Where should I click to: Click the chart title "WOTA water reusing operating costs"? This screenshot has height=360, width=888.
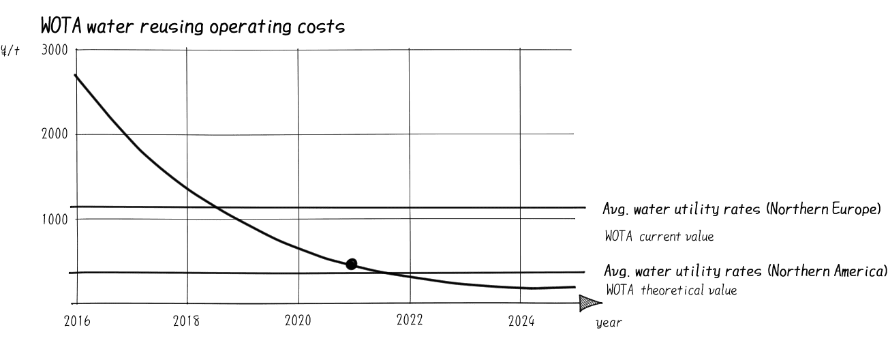192,27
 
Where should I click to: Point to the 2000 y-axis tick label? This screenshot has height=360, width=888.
53,134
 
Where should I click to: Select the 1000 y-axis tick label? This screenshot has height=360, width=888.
53,220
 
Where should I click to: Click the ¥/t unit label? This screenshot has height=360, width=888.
10,50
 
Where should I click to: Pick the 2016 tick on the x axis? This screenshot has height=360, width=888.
76,321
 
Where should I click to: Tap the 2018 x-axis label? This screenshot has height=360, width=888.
186,321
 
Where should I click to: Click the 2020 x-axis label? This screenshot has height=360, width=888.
298,321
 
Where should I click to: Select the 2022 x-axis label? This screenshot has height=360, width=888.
409,320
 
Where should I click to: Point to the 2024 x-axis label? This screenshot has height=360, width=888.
521,321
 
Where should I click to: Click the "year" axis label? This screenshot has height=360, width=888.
608,322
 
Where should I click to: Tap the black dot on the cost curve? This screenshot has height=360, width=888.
352,264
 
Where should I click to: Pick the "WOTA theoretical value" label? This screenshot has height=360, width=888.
671,290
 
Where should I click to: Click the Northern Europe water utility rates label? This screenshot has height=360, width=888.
744,209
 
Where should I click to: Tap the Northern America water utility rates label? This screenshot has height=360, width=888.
746,271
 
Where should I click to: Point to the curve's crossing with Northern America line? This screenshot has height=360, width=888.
387,273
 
